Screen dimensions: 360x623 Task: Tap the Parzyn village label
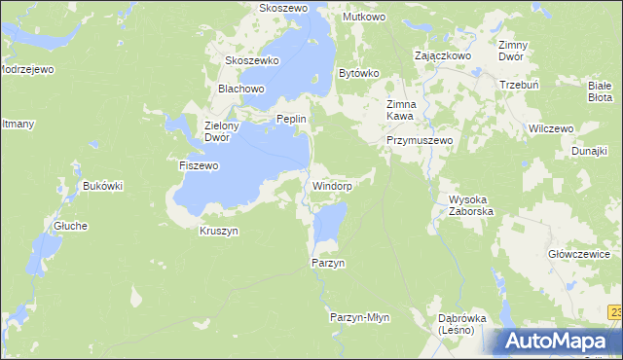[x=328, y=264]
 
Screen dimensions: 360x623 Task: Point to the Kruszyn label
[x=218, y=231]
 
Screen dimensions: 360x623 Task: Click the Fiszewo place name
[x=199, y=166]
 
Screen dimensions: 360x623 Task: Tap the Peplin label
[x=292, y=119]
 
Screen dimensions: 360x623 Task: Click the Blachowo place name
[x=241, y=89]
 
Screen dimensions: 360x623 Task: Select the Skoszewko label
[x=252, y=60]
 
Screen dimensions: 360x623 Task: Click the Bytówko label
[x=357, y=73]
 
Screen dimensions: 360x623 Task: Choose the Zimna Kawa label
[x=401, y=110]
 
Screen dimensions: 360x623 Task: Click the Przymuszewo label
[x=421, y=140]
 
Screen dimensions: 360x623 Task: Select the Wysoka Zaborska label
[x=471, y=204]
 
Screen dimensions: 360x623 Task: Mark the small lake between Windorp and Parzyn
[x=329, y=225]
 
